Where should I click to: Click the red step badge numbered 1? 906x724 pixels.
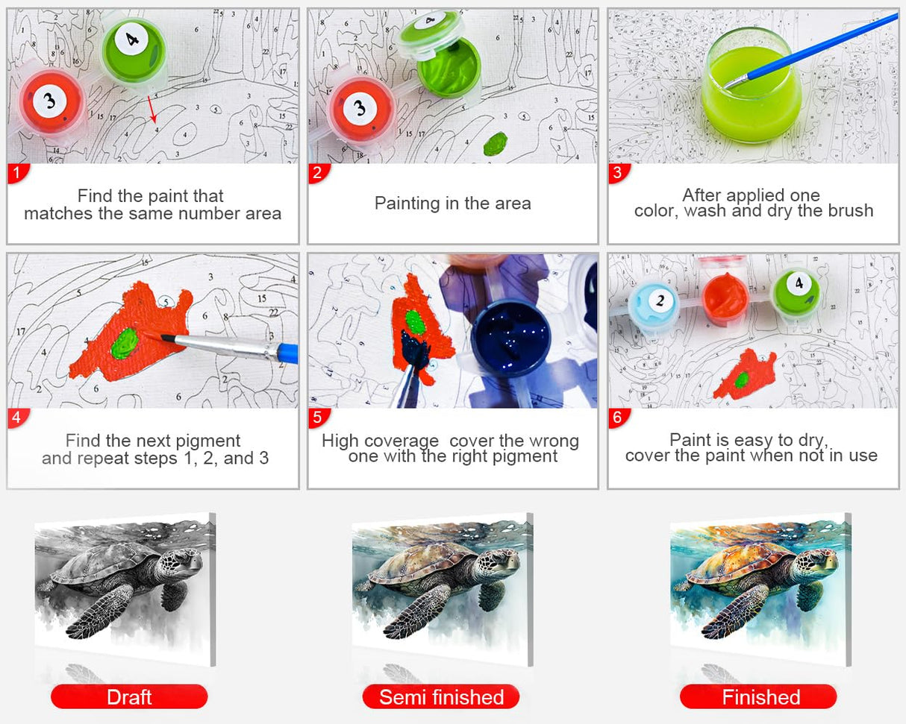point(18,172)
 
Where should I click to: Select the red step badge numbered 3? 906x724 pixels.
point(619,172)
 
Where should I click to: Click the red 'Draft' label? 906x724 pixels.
point(129,697)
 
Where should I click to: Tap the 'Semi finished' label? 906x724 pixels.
point(441,697)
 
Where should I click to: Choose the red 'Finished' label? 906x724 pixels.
point(758,697)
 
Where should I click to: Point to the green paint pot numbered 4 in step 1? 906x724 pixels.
point(133,50)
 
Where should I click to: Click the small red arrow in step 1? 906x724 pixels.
point(152,109)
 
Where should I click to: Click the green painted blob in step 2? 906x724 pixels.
point(496,143)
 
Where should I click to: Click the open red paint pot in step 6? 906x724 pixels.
point(725,297)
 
